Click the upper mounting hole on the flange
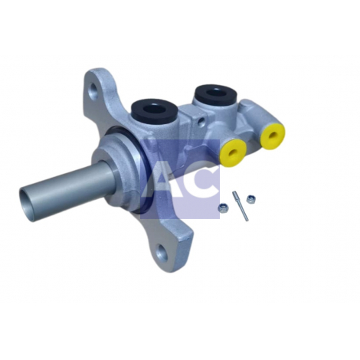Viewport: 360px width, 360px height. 94,90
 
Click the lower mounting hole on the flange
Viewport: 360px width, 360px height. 162,252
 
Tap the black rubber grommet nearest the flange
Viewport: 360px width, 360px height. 154,111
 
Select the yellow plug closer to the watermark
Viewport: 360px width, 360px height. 233,152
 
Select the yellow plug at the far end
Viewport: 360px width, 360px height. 273,136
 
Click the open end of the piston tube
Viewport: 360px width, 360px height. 27,204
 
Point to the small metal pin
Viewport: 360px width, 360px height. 240,206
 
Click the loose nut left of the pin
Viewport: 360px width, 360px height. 223,208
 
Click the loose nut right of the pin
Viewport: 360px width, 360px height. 250,199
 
